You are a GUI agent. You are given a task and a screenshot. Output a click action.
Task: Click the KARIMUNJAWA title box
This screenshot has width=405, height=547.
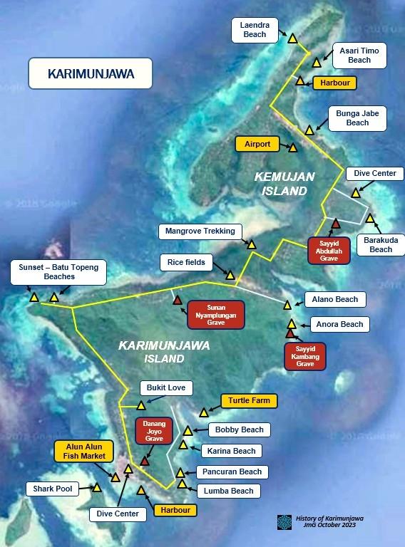91,73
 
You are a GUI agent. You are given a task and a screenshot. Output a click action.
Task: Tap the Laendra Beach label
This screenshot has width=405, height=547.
255,29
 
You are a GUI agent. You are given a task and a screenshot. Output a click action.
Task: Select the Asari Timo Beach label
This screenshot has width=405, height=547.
359,55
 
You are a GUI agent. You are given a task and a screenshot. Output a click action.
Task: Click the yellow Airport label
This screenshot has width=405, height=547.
257,144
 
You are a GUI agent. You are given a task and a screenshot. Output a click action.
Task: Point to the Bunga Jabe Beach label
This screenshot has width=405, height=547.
357,118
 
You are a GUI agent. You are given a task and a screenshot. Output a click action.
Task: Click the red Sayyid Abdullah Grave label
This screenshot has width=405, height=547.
329,251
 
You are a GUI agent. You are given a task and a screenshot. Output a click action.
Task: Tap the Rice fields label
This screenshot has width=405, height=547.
186,262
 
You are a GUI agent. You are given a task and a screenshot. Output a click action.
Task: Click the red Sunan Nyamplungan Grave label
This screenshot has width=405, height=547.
215,314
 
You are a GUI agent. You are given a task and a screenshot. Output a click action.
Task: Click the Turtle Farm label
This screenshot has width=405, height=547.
249,401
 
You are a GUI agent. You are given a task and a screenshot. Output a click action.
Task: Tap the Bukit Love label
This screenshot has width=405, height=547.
165,388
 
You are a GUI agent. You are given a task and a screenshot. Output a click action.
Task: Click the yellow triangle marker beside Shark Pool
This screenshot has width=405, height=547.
96,488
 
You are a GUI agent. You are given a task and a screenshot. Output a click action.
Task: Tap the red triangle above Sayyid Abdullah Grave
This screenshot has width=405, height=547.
335,224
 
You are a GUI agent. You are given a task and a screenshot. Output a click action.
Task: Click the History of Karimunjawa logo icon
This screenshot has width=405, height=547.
284,521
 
